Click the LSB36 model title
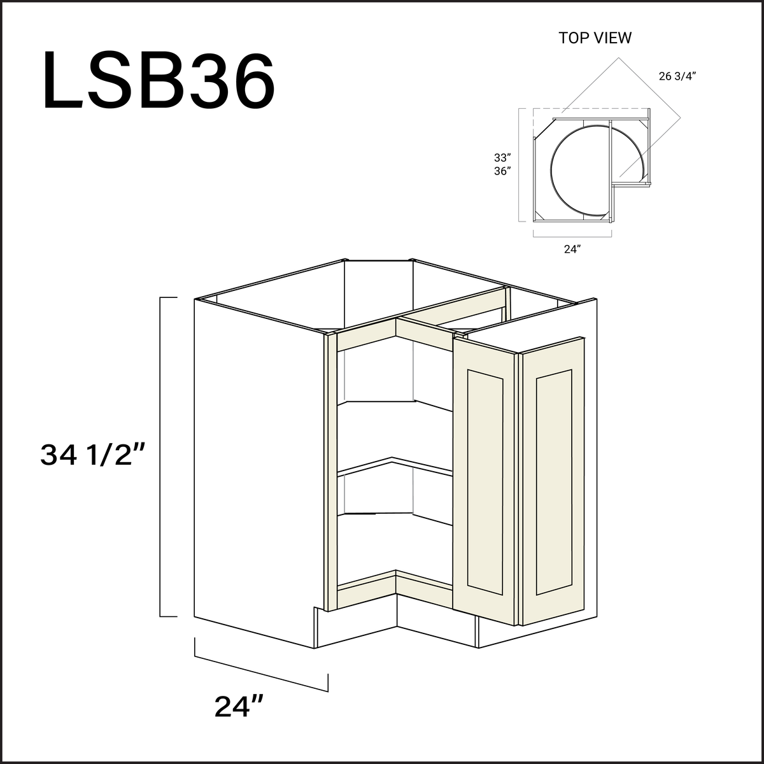(159, 81)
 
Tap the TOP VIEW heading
(595, 38)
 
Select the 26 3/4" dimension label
(677, 76)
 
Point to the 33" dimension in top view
(502, 157)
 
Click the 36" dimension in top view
(502, 171)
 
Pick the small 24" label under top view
(572, 250)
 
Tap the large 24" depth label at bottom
(239, 706)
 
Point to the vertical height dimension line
(160, 456)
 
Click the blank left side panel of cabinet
(255, 471)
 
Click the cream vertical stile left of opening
(331, 471)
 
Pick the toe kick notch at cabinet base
(316, 627)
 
